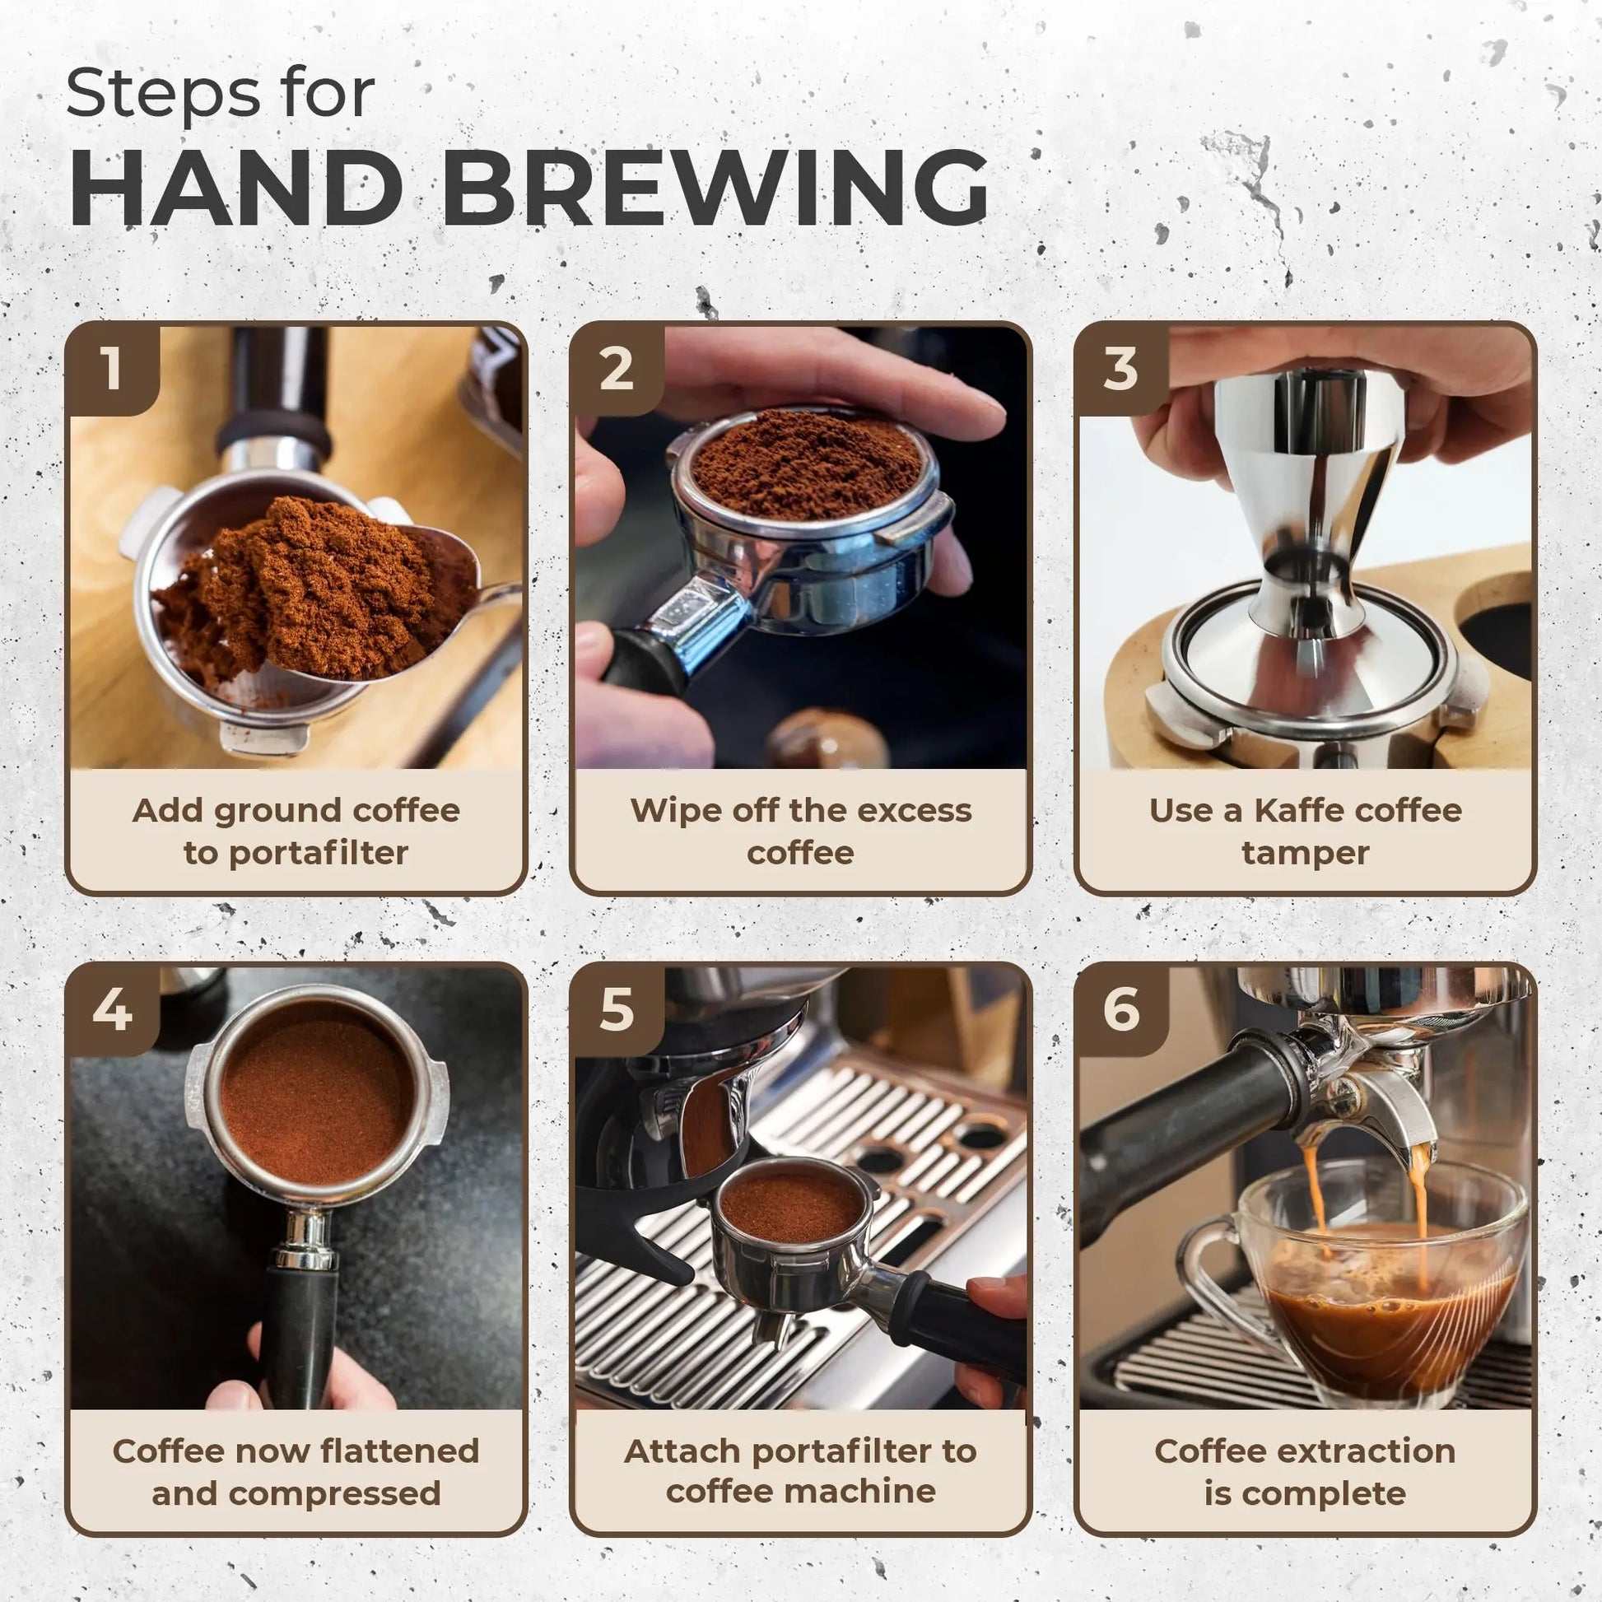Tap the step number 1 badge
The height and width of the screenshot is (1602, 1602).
[x=113, y=368]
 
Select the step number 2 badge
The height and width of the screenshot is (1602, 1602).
[x=616, y=368]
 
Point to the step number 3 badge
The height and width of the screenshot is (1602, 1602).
[x=1120, y=368]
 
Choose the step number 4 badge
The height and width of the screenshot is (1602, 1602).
[x=113, y=1010]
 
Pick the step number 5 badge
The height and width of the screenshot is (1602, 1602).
[x=616, y=1010]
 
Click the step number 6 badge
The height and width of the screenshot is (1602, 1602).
[x=1120, y=1010]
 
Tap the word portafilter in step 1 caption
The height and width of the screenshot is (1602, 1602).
[x=319, y=853]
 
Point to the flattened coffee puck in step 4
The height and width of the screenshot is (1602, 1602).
[x=317, y=1086]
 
